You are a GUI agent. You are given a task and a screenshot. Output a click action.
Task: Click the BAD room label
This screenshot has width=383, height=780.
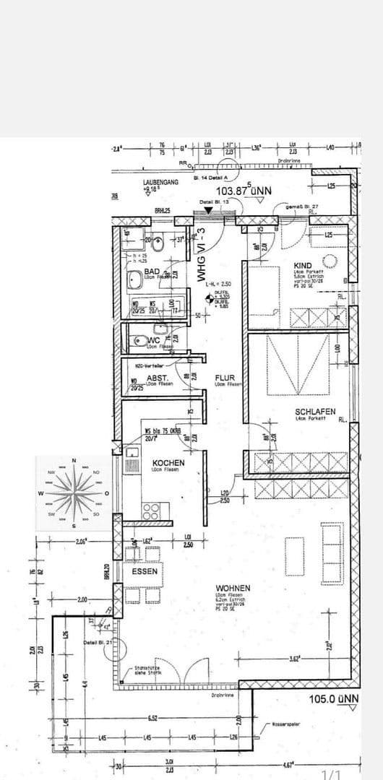coord(152,272)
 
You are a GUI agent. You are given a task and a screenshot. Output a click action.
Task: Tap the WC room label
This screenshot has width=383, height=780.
coord(155,340)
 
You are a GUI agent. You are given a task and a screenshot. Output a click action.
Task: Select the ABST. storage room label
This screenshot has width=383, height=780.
coord(158,377)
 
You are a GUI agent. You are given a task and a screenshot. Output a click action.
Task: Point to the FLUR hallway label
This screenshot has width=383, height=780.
coord(225,377)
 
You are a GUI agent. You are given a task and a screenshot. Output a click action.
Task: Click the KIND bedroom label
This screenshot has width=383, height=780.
coord(303,266)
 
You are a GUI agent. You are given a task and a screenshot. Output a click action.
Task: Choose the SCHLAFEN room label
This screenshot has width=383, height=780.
coord(315,412)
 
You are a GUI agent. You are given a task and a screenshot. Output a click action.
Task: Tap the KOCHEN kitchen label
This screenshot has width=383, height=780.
coord(168,462)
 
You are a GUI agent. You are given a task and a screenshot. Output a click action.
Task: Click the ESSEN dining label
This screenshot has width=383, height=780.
coord(145,570)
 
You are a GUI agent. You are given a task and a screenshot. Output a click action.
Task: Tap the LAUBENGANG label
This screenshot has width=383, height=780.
coord(161,183)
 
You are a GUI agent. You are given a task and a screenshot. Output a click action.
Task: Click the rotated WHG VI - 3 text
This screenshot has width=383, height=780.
coord(202,256)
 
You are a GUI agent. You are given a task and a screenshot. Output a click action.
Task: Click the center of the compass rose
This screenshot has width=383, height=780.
coord(73,493)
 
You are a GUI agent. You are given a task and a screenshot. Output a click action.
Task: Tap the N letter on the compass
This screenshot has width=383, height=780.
coord(73,461)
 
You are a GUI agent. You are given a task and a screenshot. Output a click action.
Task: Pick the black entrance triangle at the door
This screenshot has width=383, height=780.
coord(209,210)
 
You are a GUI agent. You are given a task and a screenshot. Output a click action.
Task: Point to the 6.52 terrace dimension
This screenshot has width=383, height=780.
coord(153,719)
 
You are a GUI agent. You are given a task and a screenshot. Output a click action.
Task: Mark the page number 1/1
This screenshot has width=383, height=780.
coord(331,773)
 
